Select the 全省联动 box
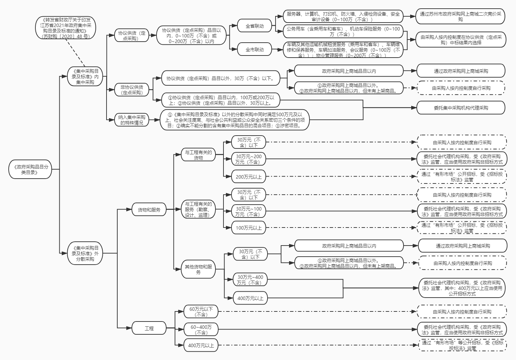click(254, 26)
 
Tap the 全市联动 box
click(254, 50)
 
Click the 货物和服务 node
click(149, 209)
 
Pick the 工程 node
click(149, 328)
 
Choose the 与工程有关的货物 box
click(198, 155)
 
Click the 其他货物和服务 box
click(198, 269)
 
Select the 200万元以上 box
click(248, 177)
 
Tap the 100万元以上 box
click(248, 228)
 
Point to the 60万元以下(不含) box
click(201, 311)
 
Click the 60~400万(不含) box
click(201, 329)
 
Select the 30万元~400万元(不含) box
click(250, 280)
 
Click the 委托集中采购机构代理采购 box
click(460, 108)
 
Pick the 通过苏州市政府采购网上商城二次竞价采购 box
click(460, 17)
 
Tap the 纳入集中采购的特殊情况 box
click(132, 120)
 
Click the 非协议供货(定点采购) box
click(132, 90)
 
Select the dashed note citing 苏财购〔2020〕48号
click(65, 28)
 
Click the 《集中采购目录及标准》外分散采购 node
click(85, 253)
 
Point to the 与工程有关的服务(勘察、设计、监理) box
click(198, 209)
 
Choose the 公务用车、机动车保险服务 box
click(343, 32)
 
